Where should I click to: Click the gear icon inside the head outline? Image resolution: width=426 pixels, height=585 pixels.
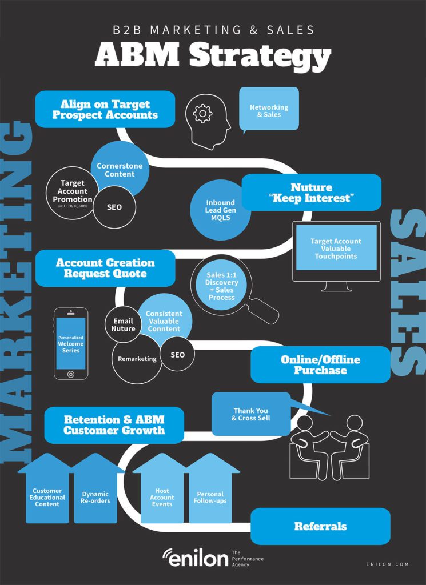203,114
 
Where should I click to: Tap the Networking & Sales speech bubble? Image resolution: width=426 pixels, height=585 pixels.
269,109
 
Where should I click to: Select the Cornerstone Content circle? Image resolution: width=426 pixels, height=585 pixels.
120,170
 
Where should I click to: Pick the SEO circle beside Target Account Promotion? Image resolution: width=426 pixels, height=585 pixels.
114,207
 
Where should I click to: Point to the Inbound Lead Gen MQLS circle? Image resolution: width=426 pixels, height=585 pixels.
220,210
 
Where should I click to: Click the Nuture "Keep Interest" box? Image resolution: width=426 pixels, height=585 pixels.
312,193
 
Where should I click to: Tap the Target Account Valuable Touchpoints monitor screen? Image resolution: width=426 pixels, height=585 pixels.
336,248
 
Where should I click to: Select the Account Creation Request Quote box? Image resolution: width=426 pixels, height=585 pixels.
105,268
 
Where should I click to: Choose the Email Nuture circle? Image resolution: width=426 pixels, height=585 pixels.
123,324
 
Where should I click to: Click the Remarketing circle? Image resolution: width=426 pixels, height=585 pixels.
137,359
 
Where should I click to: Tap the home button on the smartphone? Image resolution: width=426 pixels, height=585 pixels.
71,374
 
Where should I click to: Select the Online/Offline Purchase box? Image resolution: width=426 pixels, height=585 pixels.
320,365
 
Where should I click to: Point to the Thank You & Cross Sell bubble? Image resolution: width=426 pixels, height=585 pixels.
251,414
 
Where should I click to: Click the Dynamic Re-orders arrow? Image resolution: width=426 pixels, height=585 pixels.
95,489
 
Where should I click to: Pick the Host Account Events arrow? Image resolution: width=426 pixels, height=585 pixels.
162,489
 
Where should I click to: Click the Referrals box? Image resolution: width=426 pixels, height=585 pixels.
320,526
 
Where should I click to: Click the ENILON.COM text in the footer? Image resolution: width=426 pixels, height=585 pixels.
388,564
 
